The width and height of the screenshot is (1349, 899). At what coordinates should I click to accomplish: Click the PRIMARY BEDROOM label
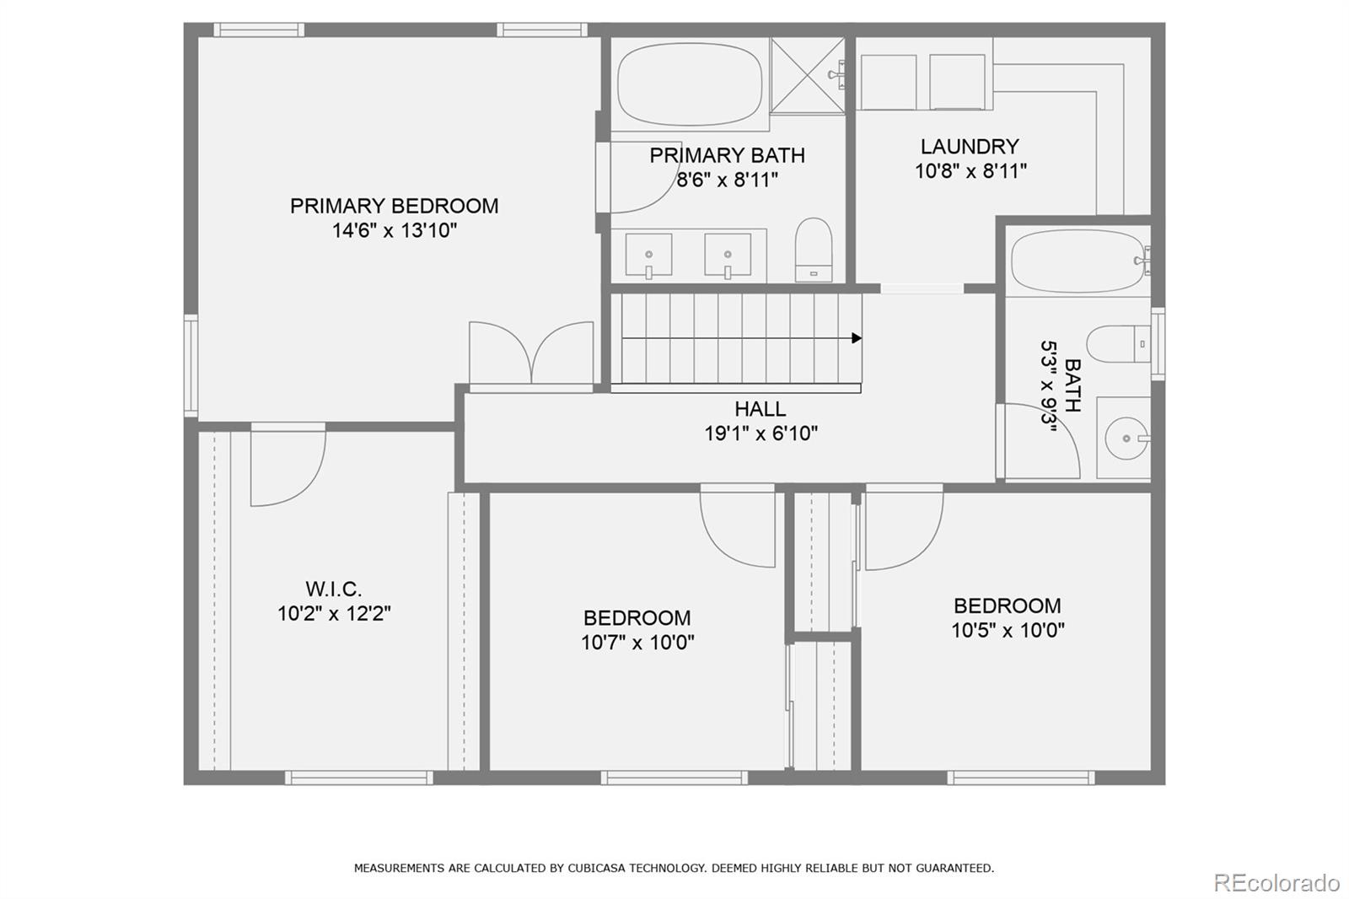(394, 206)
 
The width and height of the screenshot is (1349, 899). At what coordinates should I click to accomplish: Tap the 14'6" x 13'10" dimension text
(394, 230)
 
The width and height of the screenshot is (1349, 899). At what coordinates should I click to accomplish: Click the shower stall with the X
(807, 75)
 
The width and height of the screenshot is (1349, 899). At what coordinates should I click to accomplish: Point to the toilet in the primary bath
(814, 250)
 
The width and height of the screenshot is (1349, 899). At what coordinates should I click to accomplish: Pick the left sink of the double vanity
(648, 256)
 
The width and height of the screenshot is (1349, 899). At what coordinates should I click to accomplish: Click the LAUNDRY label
(970, 147)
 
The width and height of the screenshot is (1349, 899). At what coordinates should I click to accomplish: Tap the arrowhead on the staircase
(857, 338)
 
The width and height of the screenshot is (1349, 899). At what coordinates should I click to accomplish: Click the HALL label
(760, 409)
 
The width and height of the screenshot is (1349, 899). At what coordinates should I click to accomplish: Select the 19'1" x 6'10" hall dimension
(761, 433)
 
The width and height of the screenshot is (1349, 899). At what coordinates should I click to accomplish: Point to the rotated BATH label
(1072, 385)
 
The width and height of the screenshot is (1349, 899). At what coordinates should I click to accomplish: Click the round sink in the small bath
(1126, 439)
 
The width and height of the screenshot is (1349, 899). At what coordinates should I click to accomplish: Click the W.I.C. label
(333, 589)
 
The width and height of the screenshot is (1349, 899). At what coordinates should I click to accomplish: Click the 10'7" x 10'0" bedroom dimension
(637, 643)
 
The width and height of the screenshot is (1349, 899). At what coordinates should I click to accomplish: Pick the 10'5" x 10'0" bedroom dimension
(1008, 630)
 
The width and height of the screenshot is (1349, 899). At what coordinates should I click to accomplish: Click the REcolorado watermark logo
(1276, 882)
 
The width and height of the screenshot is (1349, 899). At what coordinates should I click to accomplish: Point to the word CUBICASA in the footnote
(601, 868)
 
